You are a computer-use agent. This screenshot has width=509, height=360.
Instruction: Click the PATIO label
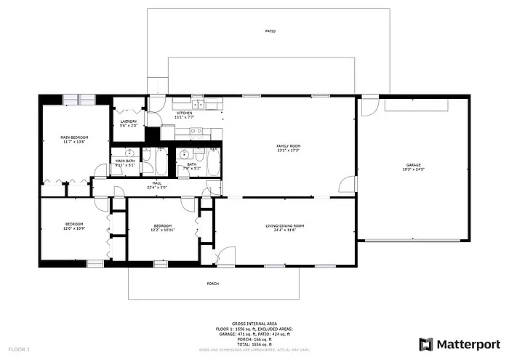(270, 31)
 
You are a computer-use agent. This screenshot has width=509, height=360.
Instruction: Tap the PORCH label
(212, 284)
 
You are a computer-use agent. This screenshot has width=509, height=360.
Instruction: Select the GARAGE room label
(413, 165)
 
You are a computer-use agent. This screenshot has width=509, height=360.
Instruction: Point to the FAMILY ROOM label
(288, 146)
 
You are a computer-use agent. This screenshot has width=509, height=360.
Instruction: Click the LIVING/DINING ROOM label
(284, 225)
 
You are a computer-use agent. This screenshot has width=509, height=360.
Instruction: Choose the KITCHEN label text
(185, 113)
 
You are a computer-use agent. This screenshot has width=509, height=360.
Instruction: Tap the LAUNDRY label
(129, 121)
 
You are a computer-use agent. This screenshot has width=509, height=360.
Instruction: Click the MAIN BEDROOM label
(74, 137)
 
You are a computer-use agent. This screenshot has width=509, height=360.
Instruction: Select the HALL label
(156, 183)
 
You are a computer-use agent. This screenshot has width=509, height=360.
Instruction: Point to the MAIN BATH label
(125, 161)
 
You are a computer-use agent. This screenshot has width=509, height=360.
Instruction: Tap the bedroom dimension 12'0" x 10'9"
(74, 228)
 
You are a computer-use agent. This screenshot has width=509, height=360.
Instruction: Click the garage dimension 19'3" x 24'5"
(413, 170)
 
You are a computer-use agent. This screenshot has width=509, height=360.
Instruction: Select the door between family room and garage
(350, 185)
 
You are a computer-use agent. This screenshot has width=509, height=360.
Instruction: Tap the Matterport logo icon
(427, 344)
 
